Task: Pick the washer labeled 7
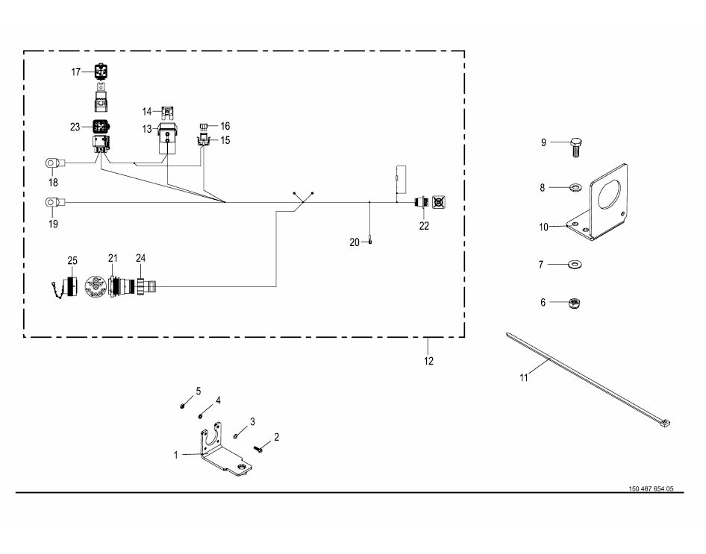[575, 264]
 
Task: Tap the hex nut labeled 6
[575, 303]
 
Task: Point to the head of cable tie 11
[665, 424]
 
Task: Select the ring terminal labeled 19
[52, 201]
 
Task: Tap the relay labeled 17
[100, 72]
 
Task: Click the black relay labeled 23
[100, 127]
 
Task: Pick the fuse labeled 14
[168, 112]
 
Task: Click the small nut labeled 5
[182, 406]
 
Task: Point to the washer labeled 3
[236, 435]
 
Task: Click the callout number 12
[428, 361]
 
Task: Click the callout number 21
[113, 258]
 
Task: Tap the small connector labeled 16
[204, 126]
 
